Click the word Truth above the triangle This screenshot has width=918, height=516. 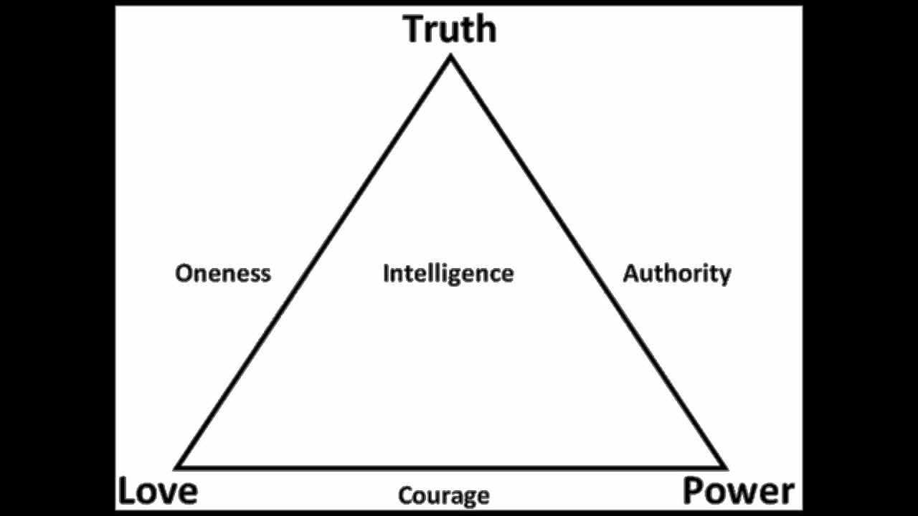click(450, 29)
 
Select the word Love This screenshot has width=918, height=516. click(158, 492)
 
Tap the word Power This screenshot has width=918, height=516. click(738, 492)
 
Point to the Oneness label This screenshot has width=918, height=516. click(223, 273)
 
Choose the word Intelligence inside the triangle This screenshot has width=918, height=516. click(448, 273)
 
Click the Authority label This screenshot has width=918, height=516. click(676, 273)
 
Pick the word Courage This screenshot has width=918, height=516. click(444, 495)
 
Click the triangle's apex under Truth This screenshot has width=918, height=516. click(450, 59)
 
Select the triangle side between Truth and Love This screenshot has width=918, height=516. click(314, 262)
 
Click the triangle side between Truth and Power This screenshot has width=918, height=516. click(587, 262)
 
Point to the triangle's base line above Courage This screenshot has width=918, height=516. click(450, 467)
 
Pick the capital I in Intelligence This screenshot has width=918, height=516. click(386, 273)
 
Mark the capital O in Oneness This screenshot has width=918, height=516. click(184, 273)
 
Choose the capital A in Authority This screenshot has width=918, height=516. click(631, 273)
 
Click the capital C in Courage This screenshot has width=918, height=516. click(405, 495)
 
